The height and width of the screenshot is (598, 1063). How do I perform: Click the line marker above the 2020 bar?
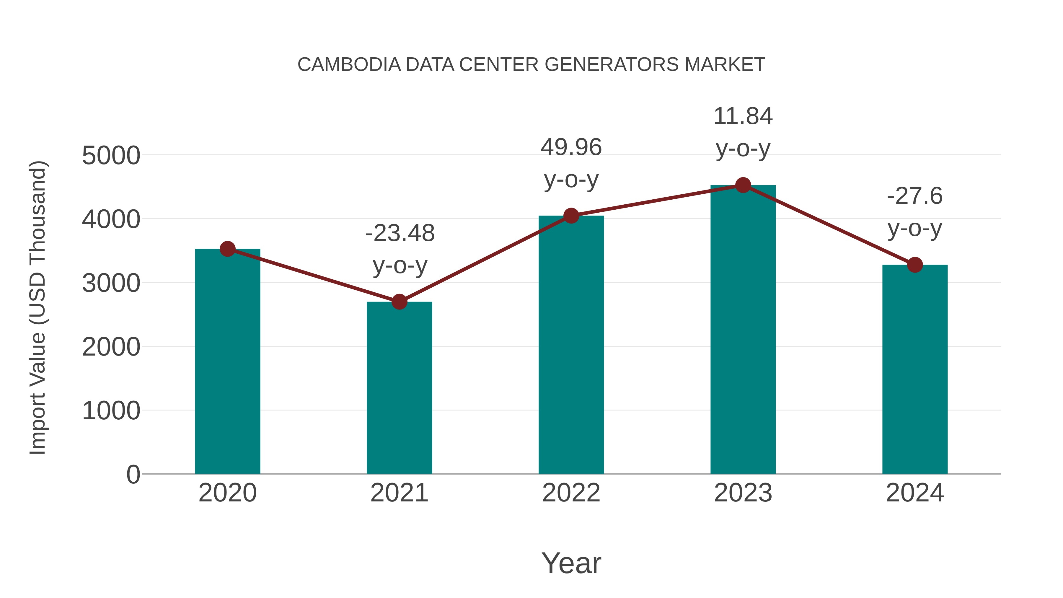point(227,249)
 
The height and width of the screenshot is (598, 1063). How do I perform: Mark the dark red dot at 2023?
point(743,185)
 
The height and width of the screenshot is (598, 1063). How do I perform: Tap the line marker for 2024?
point(915,265)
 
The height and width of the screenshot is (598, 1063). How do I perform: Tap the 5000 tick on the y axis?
point(111,156)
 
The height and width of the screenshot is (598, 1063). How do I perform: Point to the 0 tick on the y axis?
point(133,474)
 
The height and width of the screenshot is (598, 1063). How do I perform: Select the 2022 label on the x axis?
point(571,493)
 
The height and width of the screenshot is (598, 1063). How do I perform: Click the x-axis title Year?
point(571,563)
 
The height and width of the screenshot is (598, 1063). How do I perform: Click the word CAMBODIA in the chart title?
point(349,64)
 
